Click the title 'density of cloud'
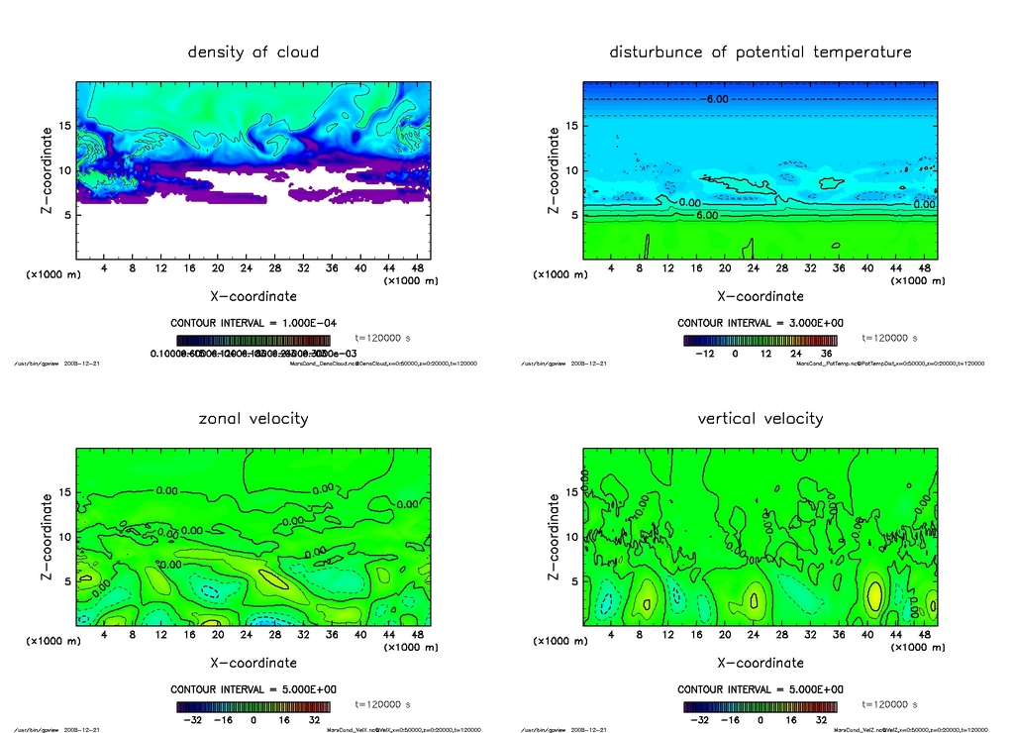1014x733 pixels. (253, 52)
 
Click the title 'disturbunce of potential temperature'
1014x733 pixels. (760, 52)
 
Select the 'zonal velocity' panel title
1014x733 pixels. (253, 418)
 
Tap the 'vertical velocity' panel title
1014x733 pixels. (760, 418)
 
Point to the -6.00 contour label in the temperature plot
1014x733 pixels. (717, 99)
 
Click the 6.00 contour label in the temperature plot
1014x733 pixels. (706, 215)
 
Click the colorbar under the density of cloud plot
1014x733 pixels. (253, 340)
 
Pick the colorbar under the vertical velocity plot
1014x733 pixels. (760, 707)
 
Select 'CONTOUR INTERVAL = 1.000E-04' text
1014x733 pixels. (253, 323)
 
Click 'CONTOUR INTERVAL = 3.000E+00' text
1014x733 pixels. (760, 323)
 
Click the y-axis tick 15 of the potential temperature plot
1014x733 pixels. (570, 126)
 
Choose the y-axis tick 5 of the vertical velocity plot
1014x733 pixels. (570, 581)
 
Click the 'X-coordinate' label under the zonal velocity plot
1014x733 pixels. (253, 663)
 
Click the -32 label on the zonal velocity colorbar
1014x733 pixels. (192, 720)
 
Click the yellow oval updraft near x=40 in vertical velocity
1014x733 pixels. (874, 595)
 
